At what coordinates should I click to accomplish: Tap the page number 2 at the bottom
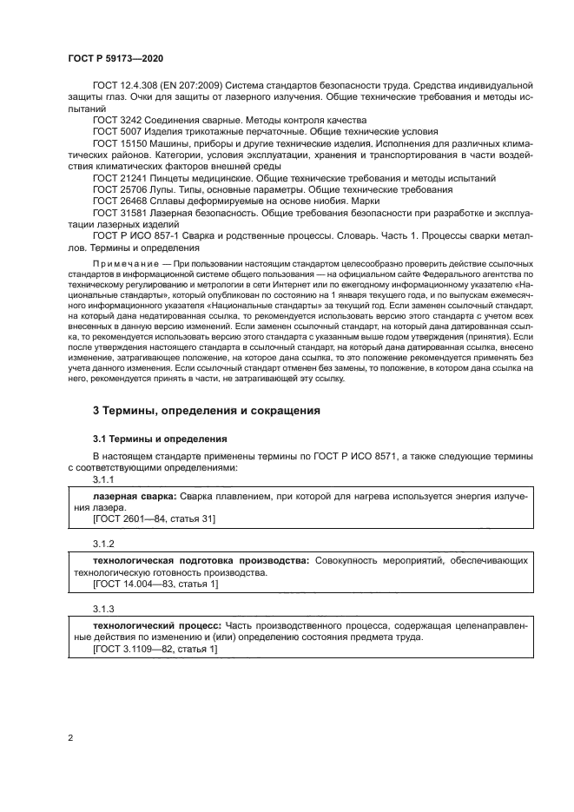pyautogui.click(x=69, y=737)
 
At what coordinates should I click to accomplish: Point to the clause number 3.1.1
pyautogui.click(x=104, y=479)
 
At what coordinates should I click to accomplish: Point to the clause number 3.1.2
pyautogui.click(x=104, y=544)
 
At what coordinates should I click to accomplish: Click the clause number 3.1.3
pyautogui.click(x=104, y=608)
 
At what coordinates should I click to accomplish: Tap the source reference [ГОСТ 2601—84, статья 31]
pyautogui.click(x=154, y=518)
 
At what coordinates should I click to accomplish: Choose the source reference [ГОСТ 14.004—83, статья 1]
pyautogui.click(x=155, y=584)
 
